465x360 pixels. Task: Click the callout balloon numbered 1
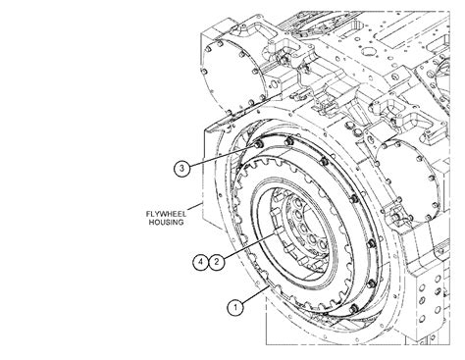pos(235,307)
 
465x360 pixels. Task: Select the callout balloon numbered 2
pos(217,262)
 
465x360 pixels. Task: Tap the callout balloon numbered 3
pos(181,169)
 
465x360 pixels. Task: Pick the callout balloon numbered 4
pos(201,262)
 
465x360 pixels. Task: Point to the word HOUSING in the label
pos(166,223)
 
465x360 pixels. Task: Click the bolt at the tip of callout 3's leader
pos(258,144)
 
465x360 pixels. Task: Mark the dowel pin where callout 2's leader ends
pos(274,232)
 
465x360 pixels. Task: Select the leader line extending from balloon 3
pos(222,156)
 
